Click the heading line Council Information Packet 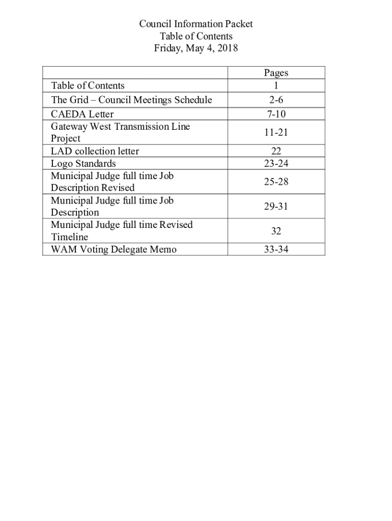tap(196, 24)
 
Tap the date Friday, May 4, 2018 tap(196, 49)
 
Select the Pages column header tap(276, 73)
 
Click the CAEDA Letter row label tap(82, 114)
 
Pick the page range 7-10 tap(276, 114)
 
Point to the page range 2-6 tap(276, 100)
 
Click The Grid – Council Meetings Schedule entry tap(131, 100)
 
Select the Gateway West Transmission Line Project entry tap(120, 132)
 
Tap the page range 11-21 tap(276, 132)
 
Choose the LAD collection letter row tap(95, 151)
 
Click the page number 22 tap(276, 151)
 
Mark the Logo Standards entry tap(83, 163)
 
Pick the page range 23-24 tap(276, 163)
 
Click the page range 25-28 tap(276, 182)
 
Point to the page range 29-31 tap(276, 207)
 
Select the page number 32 tap(276, 231)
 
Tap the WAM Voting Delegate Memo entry tap(114, 249)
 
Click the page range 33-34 tap(276, 249)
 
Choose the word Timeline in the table tap(69, 237)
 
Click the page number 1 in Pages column tap(276, 85)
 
